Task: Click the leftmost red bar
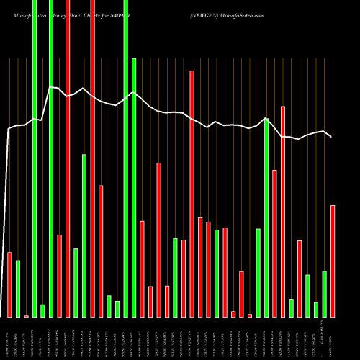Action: [9, 284]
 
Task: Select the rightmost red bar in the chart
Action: [333, 261]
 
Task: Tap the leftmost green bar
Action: [18, 288]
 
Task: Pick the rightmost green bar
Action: [325, 294]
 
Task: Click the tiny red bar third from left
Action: [27, 316]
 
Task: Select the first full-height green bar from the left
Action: [35, 158]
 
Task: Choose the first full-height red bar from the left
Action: [68, 158]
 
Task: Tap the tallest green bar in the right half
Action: [266, 217]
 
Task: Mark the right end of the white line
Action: [332, 137]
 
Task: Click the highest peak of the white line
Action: [51, 87]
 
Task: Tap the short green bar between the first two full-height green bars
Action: [43, 310]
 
